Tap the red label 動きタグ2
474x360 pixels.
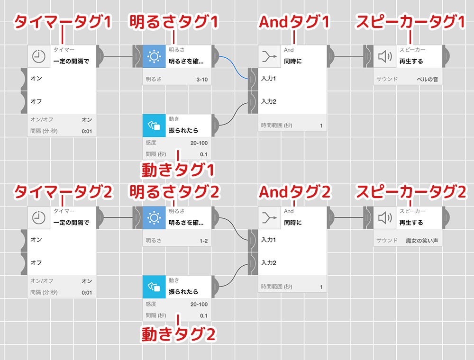tap(179, 334)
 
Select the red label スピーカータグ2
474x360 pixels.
tap(411, 192)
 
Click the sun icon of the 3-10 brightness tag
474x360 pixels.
tap(154, 57)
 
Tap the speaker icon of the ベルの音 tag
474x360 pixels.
tap(385, 57)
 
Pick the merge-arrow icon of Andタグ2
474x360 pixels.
tap(270, 218)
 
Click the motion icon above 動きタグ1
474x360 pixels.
tap(154, 126)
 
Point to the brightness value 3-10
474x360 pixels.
tap(201, 79)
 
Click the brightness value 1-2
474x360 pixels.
tap(203, 241)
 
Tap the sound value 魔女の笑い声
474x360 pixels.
tap(422, 241)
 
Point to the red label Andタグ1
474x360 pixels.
tap(294, 21)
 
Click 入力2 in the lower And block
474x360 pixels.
tap(268, 262)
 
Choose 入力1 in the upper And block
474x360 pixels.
tap(268, 78)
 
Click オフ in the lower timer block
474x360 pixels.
tap(36, 262)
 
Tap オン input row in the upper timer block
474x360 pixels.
tap(36, 78)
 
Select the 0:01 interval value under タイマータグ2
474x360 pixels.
tap(87, 292)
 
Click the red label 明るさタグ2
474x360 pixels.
tap(174, 192)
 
